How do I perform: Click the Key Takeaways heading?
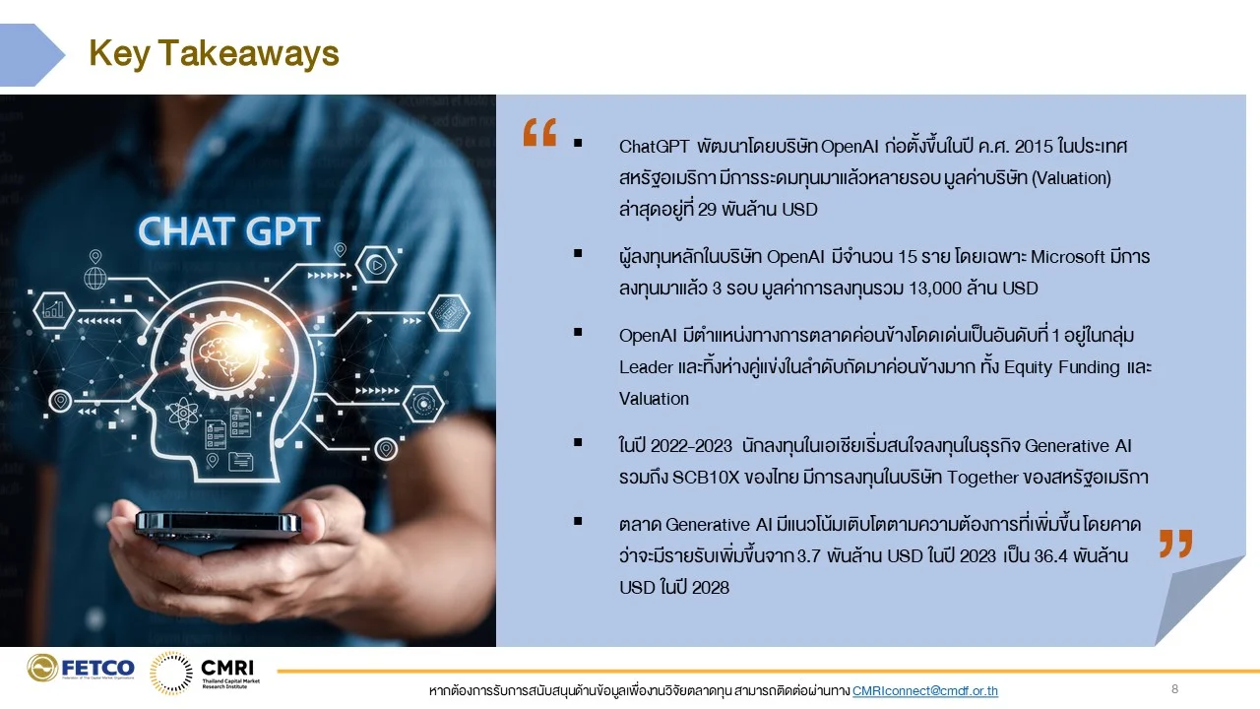tap(214, 54)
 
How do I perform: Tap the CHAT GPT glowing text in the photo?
tap(229, 231)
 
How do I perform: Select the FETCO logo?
tap(81, 668)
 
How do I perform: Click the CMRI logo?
tap(205, 673)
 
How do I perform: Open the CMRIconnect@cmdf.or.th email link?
tap(924, 690)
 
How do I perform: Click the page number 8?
tap(1174, 688)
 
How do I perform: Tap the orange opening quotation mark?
tap(539, 132)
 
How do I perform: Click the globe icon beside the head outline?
tap(95, 278)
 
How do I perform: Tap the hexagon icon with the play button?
tap(376, 264)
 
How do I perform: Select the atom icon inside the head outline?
tap(181, 414)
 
